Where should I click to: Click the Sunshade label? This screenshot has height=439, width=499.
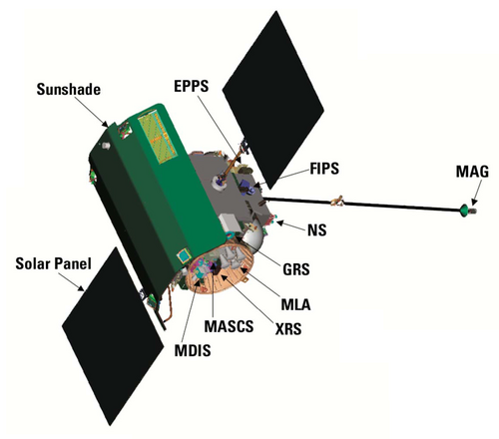pyautogui.click(x=69, y=90)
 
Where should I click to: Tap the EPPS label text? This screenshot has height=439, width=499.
pyautogui.click(x=192, y=86)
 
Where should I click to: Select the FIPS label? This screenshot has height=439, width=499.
pyautogui.click(x=324, y=169)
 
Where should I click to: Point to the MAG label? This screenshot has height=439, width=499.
pyautogui.click(x=472, y=172)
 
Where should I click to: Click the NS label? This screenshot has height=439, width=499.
pyautogui.click(x=317, y=230)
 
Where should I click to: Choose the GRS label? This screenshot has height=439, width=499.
pyautogui.click(x=296, y=269)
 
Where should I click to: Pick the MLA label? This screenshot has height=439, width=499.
pyautogui.click(x=295, y=304)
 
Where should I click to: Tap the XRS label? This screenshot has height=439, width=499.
pyautogui.click(x=288, y=329)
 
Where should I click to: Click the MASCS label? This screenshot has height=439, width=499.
pyautogui.click(x=229, y=326)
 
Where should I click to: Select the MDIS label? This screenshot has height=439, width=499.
pyautogui.click(x=193, y=350)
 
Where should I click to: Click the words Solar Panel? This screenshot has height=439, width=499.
pyautogui.click(x=53, y=263)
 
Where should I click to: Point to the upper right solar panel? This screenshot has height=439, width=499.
pyautogui.click(x=272, y=100)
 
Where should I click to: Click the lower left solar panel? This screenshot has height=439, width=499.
pyautogui.click(x=113, y=336)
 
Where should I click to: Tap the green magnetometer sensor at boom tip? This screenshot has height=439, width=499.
pyautogui.click(x=463, y=211)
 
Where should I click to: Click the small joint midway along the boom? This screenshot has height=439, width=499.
pyautogui.click(x=337, y=201)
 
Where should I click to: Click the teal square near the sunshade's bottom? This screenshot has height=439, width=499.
pyautogui.click(x=184, y=255)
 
